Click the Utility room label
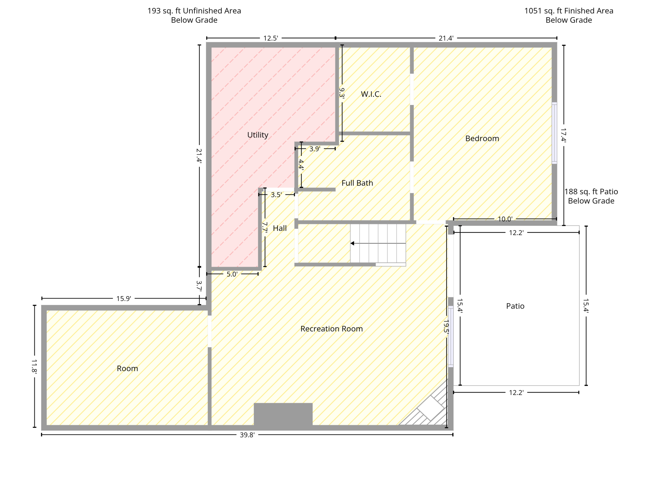(x=258, y=135)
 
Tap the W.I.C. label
(x=371, y=94)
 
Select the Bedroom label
(x=482, y=138)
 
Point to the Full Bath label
(x=357, y=183)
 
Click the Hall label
(x=280, y=228)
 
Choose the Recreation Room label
(x=331, y=329)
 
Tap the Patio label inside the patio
(x=515, y=306)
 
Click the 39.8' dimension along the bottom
(x=247, y=435)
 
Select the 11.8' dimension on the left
(x=34, y=366)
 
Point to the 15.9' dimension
(x=124, y=298)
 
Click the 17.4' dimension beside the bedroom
(x=563, y=135)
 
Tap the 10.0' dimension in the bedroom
(x=505, y=219)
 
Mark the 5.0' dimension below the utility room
(x=232, y=274)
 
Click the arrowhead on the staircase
(x=352, y=243)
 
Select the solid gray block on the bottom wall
(x=283, y=414)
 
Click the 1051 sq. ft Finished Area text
(x=569, y=11)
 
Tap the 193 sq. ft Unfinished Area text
(x=194, y=11)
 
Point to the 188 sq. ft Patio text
(x=591, y=192)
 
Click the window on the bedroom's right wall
(x=554, y=133)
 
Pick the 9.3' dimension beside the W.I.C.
(x=342, y=93)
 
